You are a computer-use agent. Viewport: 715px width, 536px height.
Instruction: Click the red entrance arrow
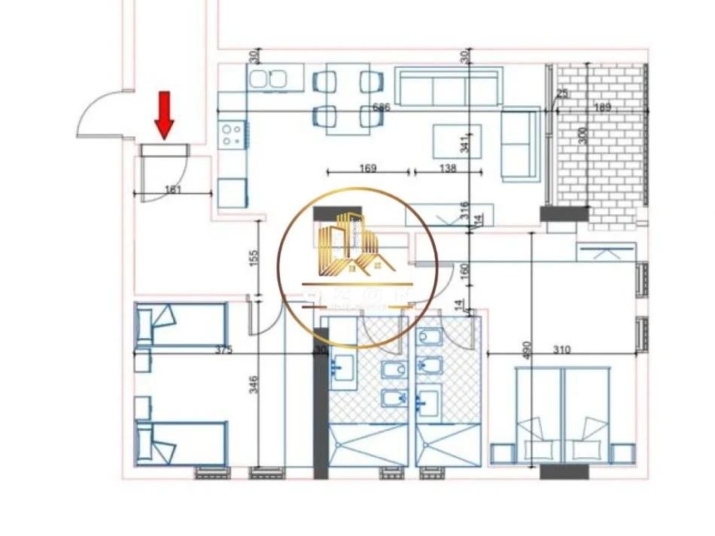(x=165, y=114)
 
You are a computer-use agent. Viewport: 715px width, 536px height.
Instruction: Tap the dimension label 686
(x=382, y=108)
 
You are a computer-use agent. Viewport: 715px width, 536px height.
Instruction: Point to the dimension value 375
(x=223, y=350)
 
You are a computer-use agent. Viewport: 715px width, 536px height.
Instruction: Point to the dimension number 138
(x=447, y=169)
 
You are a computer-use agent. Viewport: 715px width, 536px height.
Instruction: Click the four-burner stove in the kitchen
(x=232, y=135)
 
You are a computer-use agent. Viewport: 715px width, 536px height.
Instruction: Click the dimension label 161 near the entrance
(x=172, y=189)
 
